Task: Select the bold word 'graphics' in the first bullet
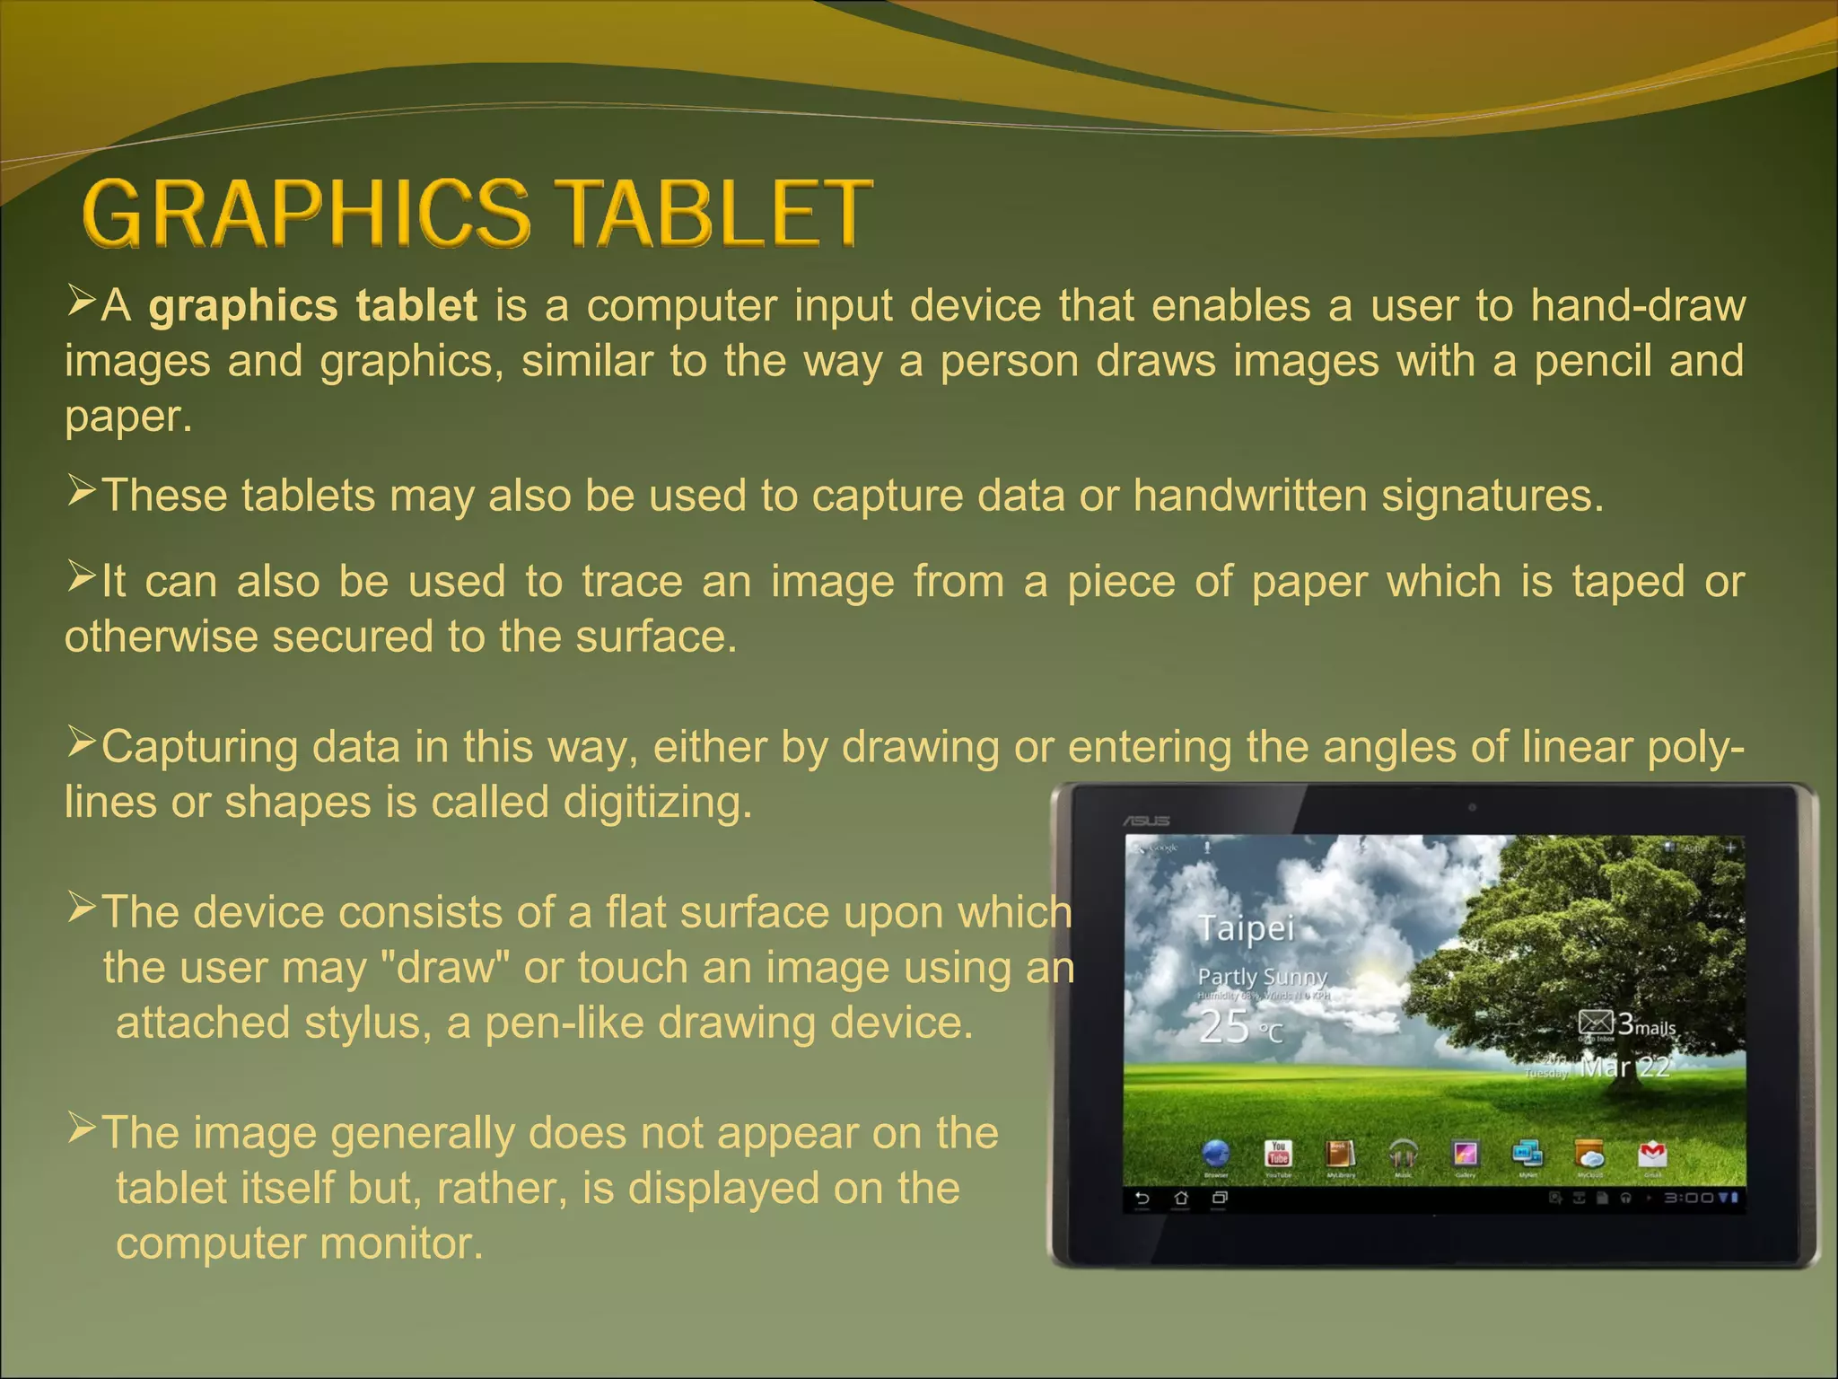click(242, 306)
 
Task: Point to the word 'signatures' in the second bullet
click(1491, 496)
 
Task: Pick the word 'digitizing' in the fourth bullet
click(657, 802)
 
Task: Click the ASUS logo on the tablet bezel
click(1147, 821)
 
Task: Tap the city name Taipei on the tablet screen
click(1247, 928)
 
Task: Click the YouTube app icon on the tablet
click(1278, 1154)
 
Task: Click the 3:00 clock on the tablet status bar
click(1689, 1198)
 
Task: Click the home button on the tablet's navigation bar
click(1181, 1198)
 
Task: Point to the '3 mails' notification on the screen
click(1628, 1024)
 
